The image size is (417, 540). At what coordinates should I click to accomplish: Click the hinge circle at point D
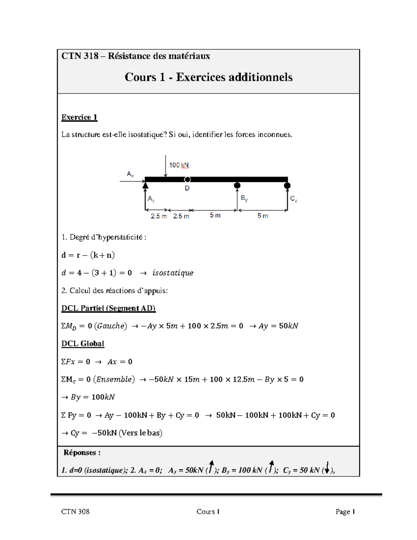pyautogui.click(x=187, y=179)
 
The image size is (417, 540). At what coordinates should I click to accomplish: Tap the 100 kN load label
pyautogui.click(x=179, y=165)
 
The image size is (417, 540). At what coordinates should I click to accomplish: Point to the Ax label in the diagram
pyautogui.click(x=130, y=174)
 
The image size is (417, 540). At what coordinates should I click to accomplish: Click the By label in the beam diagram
pyautogui.click(x=244, y=199)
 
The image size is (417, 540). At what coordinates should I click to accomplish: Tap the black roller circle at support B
pyautogui.click(x=237, y=186)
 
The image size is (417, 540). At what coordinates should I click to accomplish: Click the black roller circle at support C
pyautogui.click(x=287, y=186)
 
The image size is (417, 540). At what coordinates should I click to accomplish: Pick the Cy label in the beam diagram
pyautogui.click(x=294, y=199)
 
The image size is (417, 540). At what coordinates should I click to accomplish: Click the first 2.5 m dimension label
pyautogui.click(x=158, y=216)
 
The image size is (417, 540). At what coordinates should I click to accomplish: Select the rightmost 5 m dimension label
pyautogui.click(x=263, y=216)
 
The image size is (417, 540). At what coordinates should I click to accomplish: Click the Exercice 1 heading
pyautogui.click(x=79, y=117)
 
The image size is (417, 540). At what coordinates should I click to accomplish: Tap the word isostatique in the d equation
pyautogui.click(x=173, y=273)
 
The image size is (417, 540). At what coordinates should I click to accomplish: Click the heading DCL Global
pyautogui.click(x=83, y=344)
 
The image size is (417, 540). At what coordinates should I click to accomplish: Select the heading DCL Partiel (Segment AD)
pyautogui.click(x=108, y=308)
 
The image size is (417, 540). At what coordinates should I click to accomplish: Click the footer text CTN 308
pyautogui.click(x=75, y=511)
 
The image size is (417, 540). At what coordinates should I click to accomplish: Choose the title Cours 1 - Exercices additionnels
pyautogui.click(x=208, y=77)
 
